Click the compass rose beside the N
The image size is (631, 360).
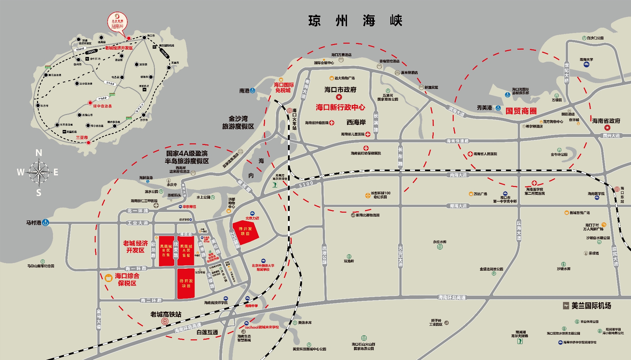point(39,172)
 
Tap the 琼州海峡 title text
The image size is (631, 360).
point(355,21)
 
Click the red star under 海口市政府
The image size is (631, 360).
point(339,97)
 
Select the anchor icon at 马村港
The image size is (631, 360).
point(45,223)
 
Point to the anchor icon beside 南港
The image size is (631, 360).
point(253,91)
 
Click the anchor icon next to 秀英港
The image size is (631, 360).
point(498,108)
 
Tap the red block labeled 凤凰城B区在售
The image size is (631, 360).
point(166,251)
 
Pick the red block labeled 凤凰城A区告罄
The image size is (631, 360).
point(186,251)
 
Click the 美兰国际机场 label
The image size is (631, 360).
point(591,306)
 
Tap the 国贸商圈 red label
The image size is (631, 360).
point(521,111)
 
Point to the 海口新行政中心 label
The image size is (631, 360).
point(340,107)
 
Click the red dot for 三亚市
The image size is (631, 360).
point(89,143)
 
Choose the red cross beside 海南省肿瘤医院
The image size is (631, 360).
point(332,123)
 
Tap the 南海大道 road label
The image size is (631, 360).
point(458,175)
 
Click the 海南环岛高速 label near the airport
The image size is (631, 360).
point(452,297)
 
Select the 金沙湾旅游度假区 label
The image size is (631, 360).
point(238,123)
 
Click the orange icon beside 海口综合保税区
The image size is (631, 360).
point(108,278)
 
